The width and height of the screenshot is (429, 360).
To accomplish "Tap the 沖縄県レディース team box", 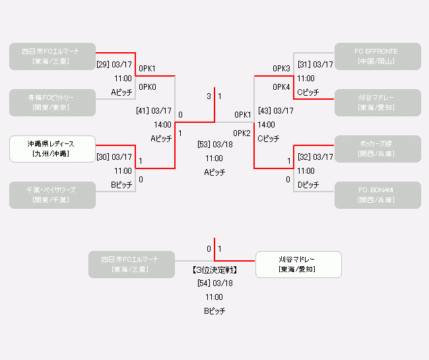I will (52, 149).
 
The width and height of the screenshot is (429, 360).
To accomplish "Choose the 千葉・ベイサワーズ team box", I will (52, 195).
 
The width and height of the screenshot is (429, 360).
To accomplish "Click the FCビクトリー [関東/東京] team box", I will (52, 102).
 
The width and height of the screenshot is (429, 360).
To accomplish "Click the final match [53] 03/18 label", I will (214, 144).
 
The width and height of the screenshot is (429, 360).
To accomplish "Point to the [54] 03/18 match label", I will (214, 283).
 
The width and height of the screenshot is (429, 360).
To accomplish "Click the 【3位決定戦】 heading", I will (214, 270).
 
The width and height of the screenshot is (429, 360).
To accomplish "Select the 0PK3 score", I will (281, 69).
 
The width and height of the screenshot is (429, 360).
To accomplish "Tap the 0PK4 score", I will (281, 87).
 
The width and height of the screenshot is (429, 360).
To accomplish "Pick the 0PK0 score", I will (147, 87).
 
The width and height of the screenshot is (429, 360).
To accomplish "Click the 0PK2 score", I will (242, 133).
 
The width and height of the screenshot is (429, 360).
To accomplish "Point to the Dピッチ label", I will (308, 184).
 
